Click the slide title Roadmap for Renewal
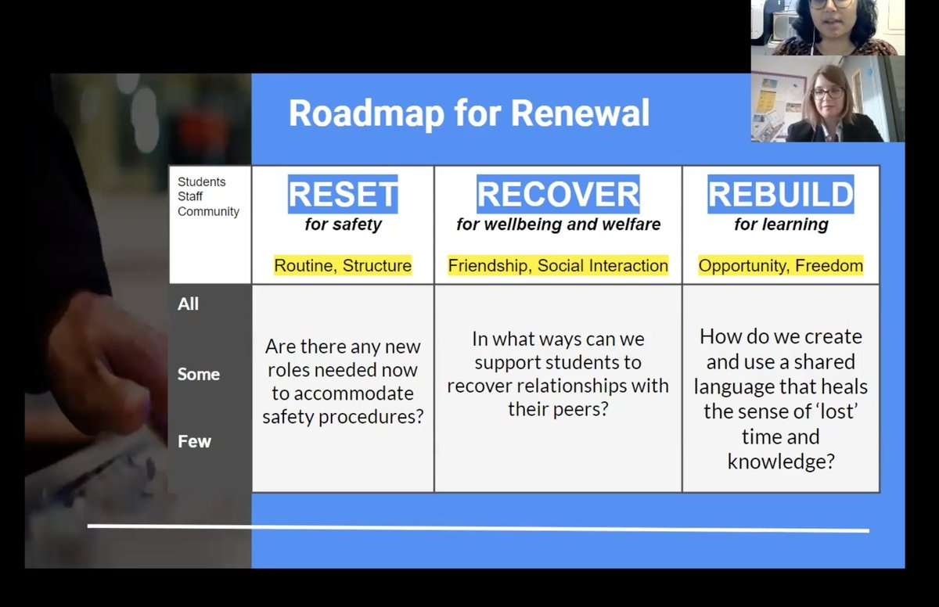(469, 113)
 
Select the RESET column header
(343, 194)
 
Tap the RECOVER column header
(558, 194)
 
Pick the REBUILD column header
(780, 194)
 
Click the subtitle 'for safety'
(343, 224)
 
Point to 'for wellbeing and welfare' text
(558, 224)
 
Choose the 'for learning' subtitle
(780, 224)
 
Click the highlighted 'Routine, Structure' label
(343, 266)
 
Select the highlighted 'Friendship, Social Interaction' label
(558, 266)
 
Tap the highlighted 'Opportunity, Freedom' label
(780, 266)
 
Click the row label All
(189, 304)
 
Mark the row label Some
(198, 374)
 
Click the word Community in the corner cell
(208, 212)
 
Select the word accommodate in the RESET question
(343, 393)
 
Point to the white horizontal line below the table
(477, 528)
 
